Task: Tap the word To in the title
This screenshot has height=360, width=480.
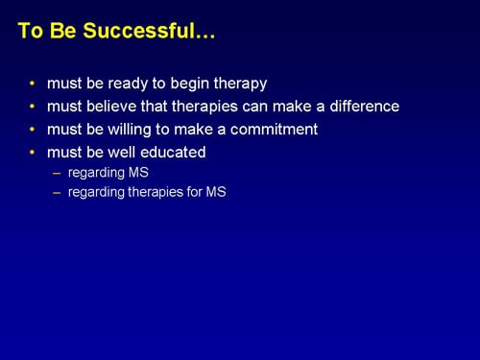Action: [x=30, y=31]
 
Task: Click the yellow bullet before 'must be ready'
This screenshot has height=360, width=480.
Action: [x=34, y=84]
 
